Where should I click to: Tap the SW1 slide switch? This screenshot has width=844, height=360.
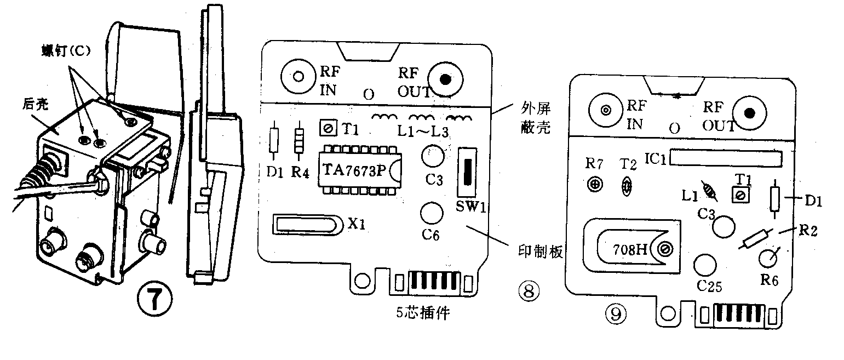tap(467, 173)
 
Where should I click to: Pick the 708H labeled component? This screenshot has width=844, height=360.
tap(635, 249)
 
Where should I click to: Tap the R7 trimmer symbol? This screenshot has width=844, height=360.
tap(594, 185)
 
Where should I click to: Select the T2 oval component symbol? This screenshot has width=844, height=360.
tap(626, 186)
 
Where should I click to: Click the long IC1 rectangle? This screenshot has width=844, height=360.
tap(725, 158)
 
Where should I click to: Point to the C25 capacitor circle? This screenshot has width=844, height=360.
tap(704, 265)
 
